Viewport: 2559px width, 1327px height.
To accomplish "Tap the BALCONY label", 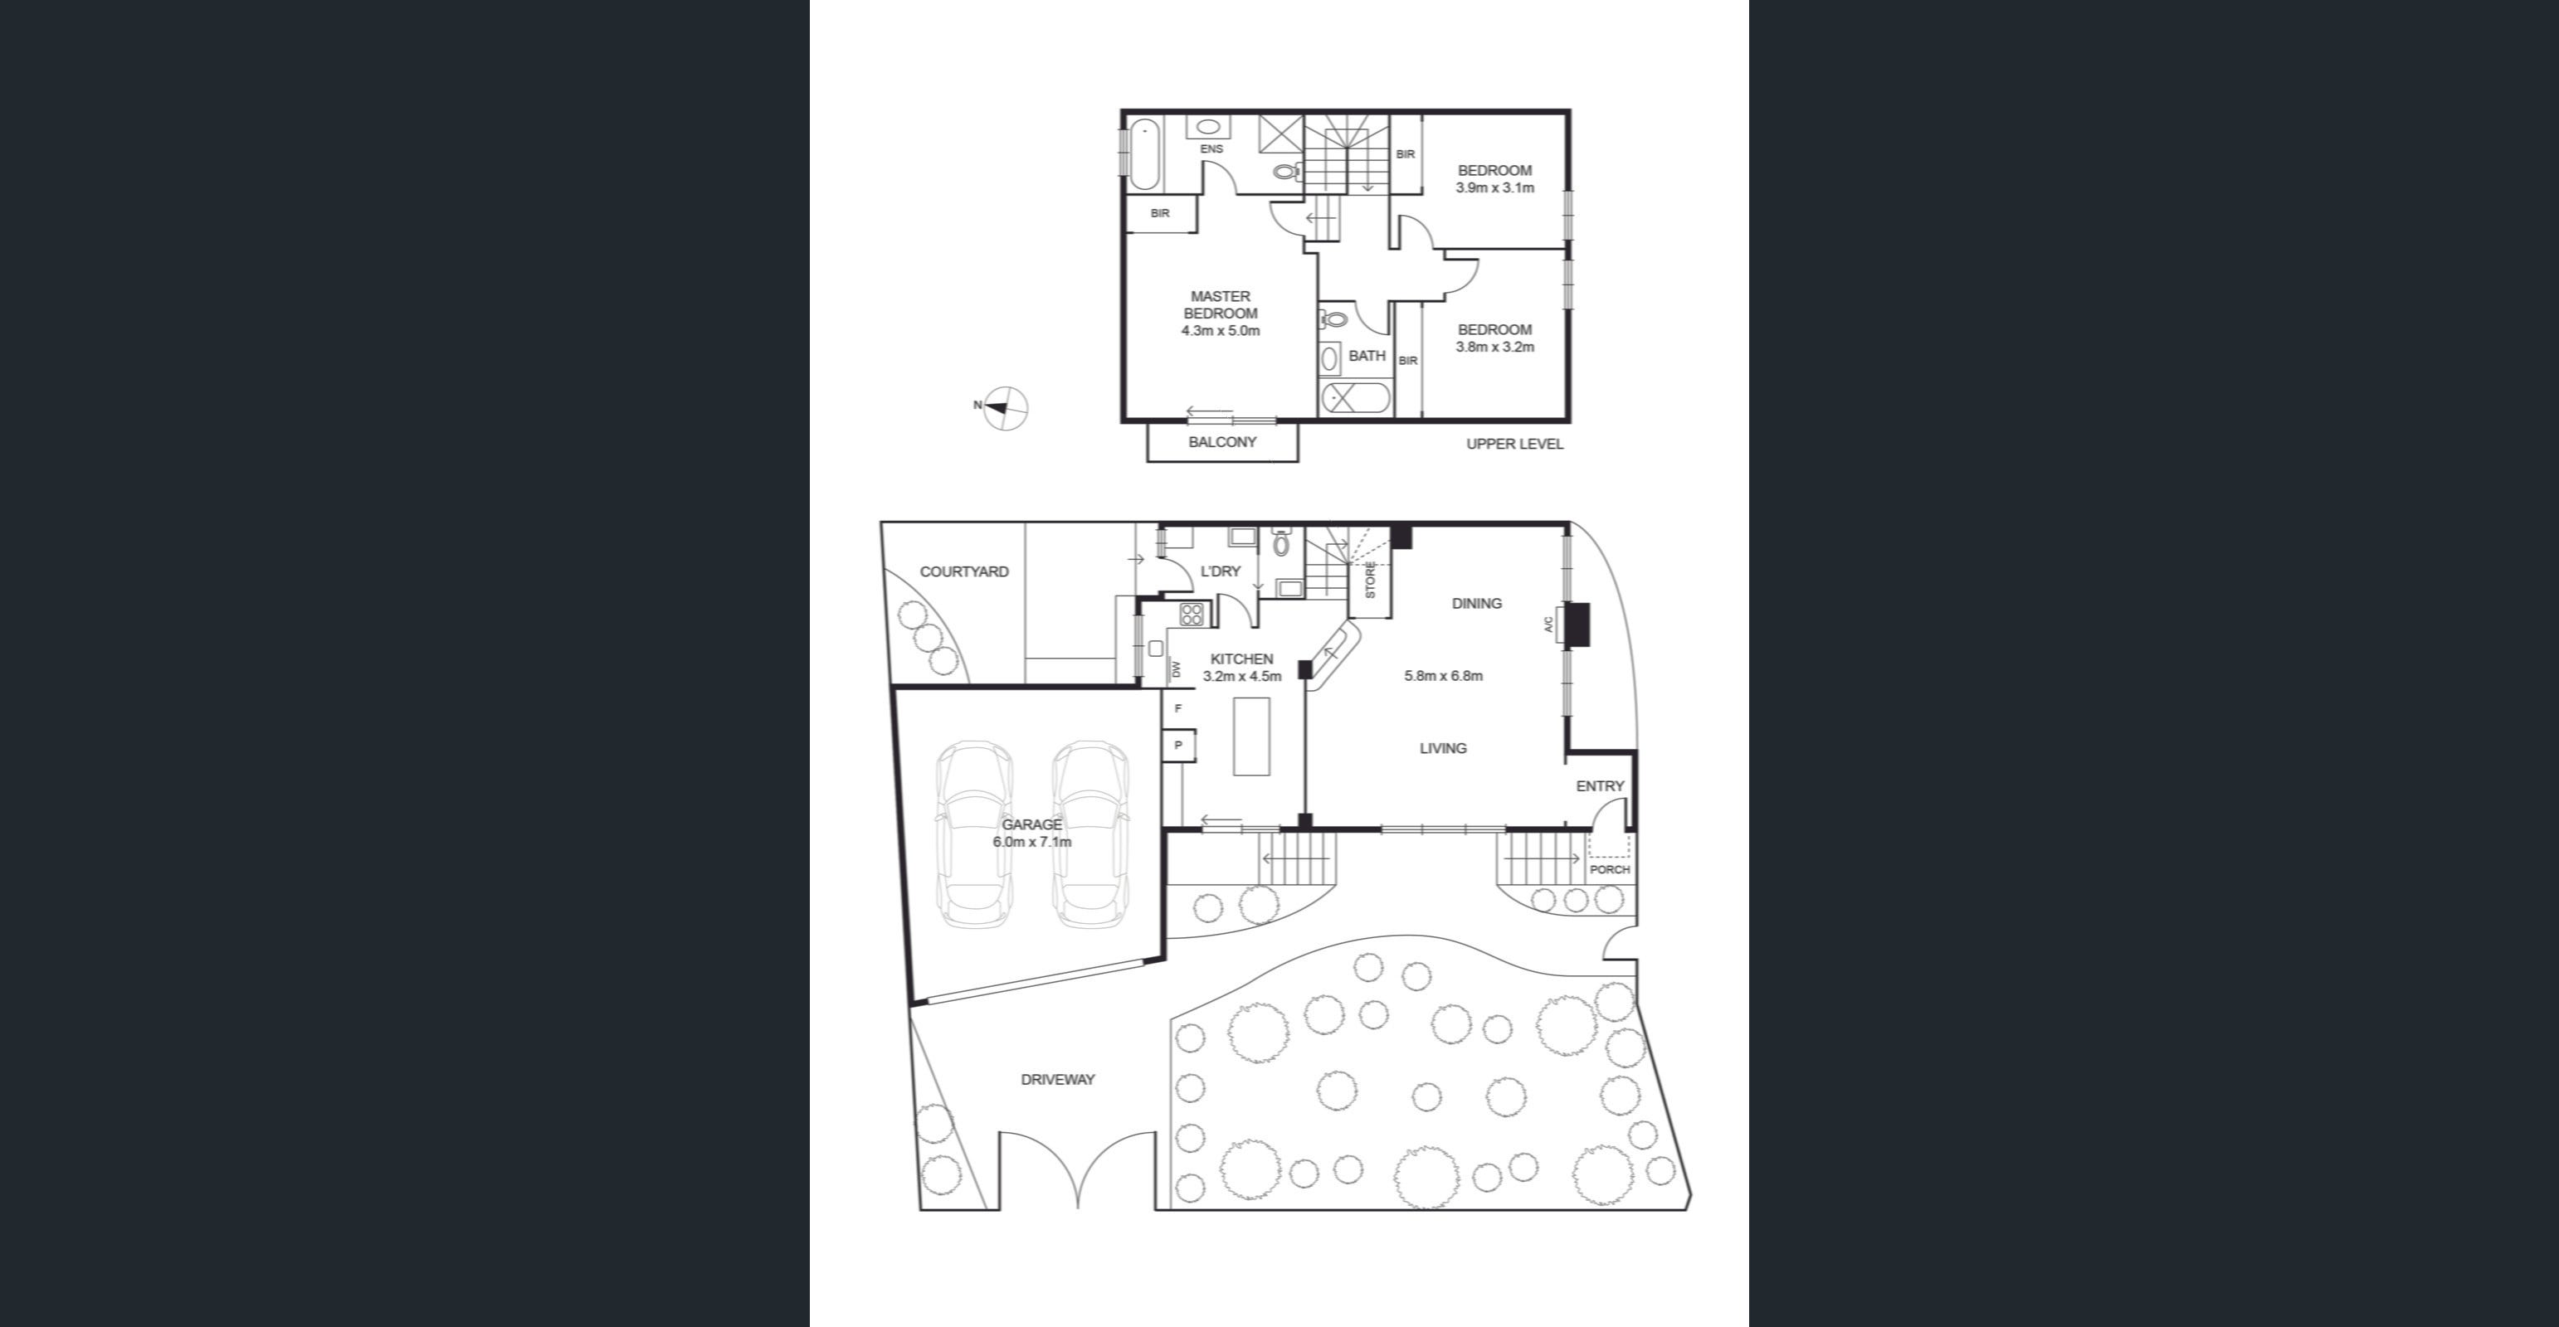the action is (x=1222, y=442).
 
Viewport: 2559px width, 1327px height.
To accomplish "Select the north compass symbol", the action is (x=1006, y=407).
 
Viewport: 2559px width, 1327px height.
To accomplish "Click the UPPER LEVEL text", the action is (x=1515, y=444).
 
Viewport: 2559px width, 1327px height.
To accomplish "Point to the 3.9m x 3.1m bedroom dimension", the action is (x=1495, y=187).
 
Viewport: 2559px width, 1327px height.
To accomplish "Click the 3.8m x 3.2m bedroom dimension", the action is (x=1495, y=347).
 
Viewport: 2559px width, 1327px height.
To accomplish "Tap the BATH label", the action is (x=1367, y=356).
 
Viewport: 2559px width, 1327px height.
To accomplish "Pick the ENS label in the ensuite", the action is (x=1211, y=149).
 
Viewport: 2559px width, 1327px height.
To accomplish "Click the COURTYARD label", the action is (x=963, y=572).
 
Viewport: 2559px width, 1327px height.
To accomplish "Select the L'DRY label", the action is (x=1221, y=571).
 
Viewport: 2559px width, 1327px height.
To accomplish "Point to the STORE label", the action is (x=1371, y=580).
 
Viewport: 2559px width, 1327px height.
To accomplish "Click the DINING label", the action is (x=1476, y=603).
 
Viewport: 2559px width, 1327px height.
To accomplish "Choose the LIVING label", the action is (x=1442, y=748).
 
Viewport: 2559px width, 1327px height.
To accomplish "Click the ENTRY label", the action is (x=1600, y=785).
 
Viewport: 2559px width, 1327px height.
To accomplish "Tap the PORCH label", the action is (x=1609, y=869).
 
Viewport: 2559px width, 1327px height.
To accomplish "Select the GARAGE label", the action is (x=1031, y=824).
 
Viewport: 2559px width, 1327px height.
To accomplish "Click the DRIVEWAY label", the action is (x=1058, y=1080).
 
